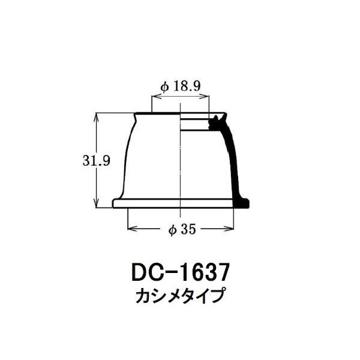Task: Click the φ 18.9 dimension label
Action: pyautogui.click(x=181, y=86)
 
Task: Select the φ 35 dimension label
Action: pyautogui.click(x=182, y=229)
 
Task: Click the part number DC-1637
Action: pyautogui.click(x=181, y=272)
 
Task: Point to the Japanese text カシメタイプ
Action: pyautogui.click(x=180, y=296)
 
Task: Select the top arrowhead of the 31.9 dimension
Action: pyautogui.click(x=97, y=118)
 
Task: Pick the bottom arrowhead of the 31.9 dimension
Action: pyautogui.click(x=97, y=203)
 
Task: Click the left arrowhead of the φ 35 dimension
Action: pyautogui.click(x=133, y=229)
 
